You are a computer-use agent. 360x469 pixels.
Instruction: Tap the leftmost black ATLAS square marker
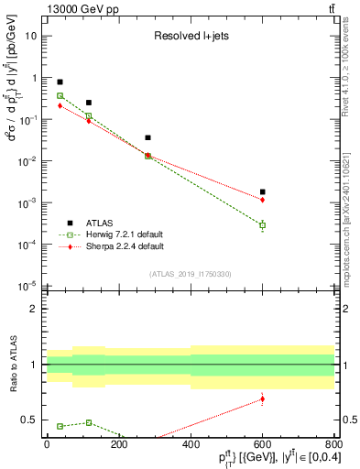pos(60,82)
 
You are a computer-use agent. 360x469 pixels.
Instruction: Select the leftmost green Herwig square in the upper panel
pos(60,95)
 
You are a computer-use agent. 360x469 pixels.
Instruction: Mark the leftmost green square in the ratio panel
pos(60,426)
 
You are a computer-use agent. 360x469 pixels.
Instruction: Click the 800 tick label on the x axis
pos(333,444)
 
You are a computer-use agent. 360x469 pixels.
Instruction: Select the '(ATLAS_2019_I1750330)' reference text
pos(190,273)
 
